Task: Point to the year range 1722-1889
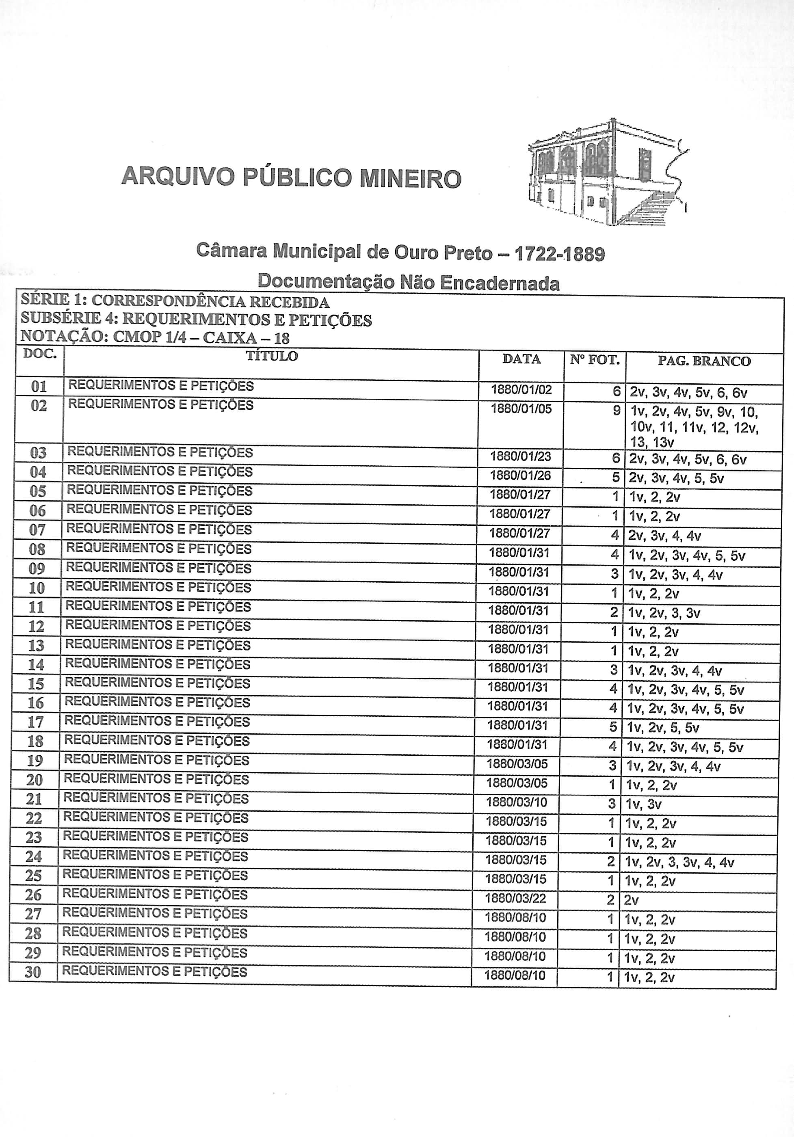[560, 254]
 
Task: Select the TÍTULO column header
[272, 356]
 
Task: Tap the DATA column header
[521, 359]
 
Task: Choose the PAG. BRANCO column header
[704, 361]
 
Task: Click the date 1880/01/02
[521, 390]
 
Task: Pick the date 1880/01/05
[521, 409]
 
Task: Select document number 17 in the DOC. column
[36, 722]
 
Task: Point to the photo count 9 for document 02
[616, 411]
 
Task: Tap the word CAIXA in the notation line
[230, 338]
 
